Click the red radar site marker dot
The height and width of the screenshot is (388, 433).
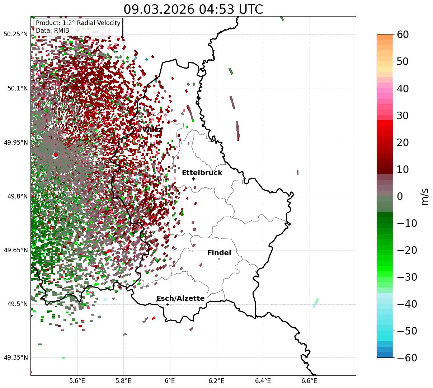tap(55, 155)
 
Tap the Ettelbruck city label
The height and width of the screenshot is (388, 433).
tap(202, 173)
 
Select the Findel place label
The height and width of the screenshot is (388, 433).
tap(219, 253)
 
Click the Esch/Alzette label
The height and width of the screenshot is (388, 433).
tap(180, 299)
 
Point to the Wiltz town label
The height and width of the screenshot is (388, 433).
tap(152, 130)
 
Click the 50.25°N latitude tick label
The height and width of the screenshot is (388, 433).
tap(15, 34)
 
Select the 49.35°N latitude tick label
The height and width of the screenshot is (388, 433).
tap(15, 357)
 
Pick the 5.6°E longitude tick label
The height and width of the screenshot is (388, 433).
tap(77, 380)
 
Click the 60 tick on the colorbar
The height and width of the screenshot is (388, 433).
tap(403, 34)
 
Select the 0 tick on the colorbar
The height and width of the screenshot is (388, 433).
tap(400, 196)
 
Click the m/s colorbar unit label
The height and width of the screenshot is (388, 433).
tap(425, 196)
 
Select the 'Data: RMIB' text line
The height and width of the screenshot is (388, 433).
tap(52, 31)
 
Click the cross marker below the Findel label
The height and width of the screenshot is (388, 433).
tap(219, 259)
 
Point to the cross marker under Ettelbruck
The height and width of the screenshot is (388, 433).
tap(193, 179)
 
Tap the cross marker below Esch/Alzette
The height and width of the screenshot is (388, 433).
tap(168, 304)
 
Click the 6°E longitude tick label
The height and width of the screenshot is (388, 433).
tap(170, 380)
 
